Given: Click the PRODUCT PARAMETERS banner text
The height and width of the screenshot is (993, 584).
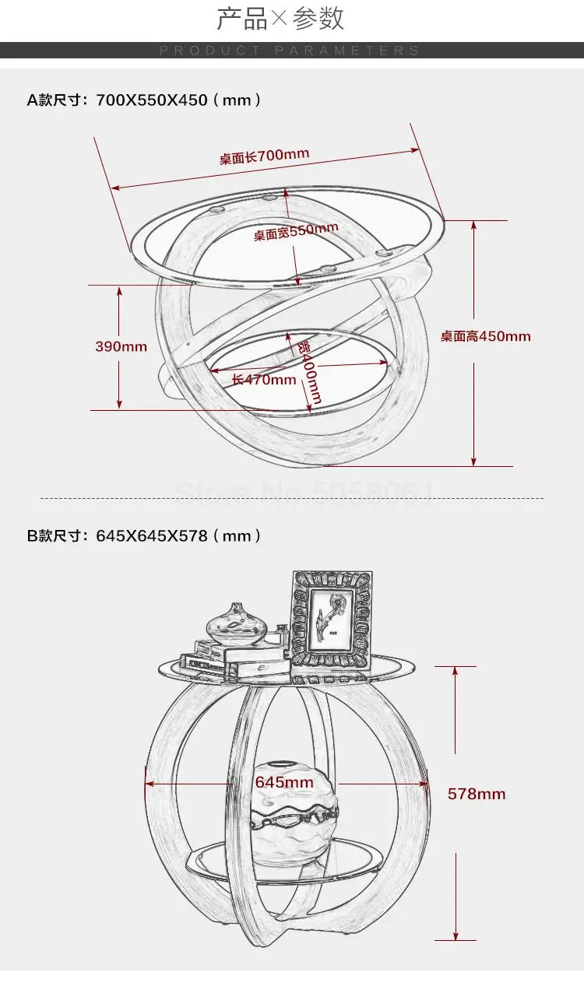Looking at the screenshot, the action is click(290, 51).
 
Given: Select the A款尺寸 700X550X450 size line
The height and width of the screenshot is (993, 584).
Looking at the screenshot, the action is click(144, 100).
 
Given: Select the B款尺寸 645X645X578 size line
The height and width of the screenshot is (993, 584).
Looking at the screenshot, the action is click(144, 535).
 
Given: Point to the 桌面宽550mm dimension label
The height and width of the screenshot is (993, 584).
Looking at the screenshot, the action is click(296, 231).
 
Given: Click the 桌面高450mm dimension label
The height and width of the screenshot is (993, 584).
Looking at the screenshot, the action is click(485, 336).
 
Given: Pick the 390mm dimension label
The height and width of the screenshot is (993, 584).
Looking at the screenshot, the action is click(121, 346).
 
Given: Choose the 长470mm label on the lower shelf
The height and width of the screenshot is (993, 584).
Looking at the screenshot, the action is click(264, 380).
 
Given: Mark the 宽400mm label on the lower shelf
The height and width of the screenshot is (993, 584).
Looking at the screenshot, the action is click(309, 373).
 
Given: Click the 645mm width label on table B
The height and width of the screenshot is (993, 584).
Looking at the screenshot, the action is click(284, 782).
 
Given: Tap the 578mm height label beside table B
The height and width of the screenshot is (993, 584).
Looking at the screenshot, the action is click(477, 794).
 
